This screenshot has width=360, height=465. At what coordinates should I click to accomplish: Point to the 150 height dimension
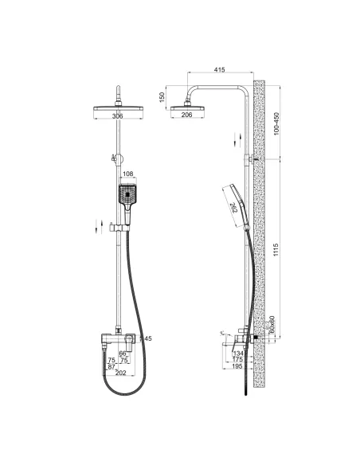pos(161,98)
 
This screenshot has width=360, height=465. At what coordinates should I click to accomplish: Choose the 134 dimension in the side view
pos(238,352)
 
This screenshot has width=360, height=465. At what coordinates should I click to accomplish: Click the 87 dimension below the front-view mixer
pos(112,365)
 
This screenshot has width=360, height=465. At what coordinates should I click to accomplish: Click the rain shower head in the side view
pos(188,104)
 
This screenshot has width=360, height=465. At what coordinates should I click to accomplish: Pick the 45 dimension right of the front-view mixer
pos(147,338)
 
